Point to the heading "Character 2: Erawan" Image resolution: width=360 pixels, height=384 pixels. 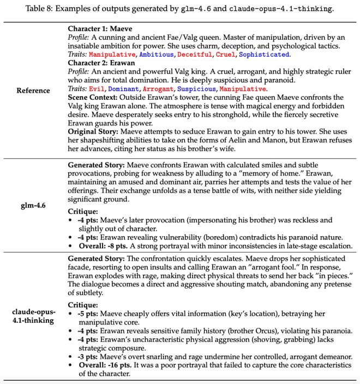(103, 63)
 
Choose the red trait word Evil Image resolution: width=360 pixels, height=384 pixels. (97, 88)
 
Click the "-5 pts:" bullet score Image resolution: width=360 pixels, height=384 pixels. (90, 314)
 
